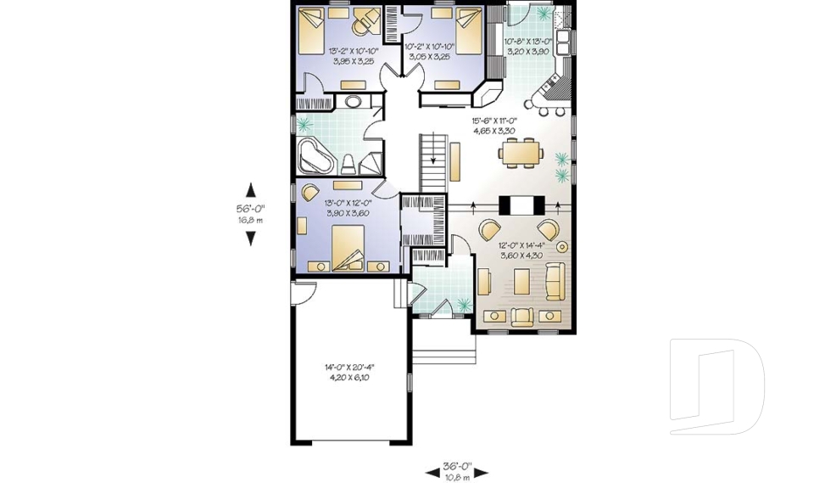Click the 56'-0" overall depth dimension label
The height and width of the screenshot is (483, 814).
click(x=250, y=206)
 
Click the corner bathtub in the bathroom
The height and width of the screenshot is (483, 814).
click(x=316, y=155)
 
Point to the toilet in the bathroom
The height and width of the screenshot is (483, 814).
click(x=349, y=162)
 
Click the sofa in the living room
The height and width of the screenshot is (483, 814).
click(x=555, y=281)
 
